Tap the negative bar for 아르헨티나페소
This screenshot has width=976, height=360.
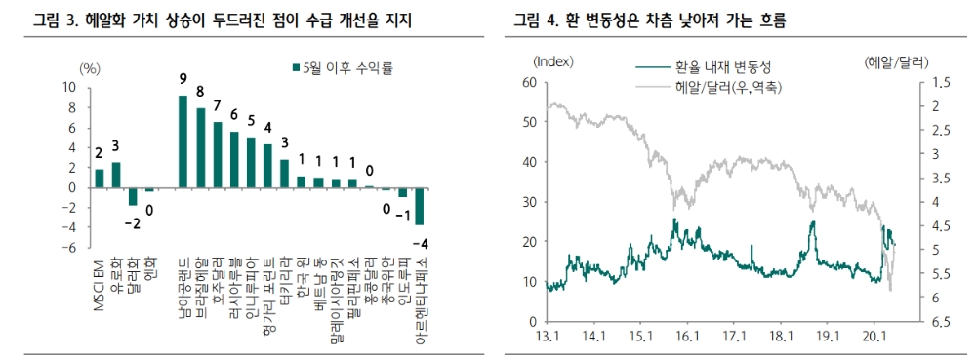pos(420,207)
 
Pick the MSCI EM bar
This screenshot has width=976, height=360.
pos(99,179)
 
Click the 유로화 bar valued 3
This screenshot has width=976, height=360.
pos(116,175)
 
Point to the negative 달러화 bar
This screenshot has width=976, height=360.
pos(133,196)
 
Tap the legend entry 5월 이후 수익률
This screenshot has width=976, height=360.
pos(347,67)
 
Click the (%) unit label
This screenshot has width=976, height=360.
pos(90,68)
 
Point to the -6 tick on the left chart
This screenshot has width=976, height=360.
pos(69,248)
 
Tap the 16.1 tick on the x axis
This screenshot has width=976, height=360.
pos(687,336)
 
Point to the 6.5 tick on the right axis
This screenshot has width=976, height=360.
pos(939,322)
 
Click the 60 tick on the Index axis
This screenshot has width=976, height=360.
pos(530,82)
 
